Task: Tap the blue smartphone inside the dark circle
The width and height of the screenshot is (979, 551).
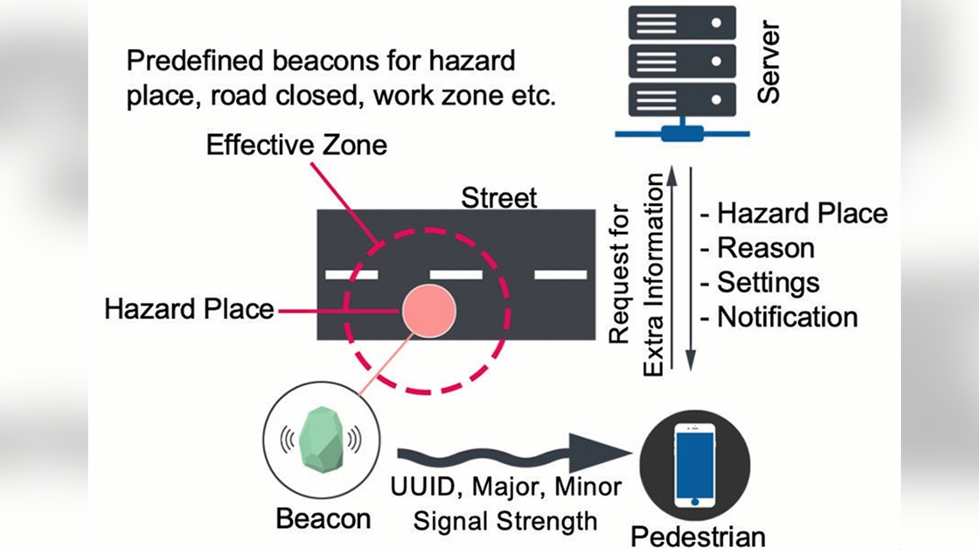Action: [694, 465]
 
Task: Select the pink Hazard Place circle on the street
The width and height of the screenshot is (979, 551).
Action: [429, 309]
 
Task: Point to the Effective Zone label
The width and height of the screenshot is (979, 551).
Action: [297, 145]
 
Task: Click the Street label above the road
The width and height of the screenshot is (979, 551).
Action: [499, 198]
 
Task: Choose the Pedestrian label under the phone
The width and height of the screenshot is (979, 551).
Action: [698, 536]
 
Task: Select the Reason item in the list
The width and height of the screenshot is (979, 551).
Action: [765, 248]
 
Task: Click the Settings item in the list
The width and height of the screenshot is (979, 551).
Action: [767, 282]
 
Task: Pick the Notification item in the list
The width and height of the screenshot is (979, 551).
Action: [786, 317]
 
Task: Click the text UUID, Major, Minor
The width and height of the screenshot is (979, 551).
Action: [506, 486]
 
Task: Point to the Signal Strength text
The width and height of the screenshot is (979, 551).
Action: [505, 521]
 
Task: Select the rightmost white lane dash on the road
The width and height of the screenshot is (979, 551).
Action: [560, 274]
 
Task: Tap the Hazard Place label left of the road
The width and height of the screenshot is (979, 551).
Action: [189, 309]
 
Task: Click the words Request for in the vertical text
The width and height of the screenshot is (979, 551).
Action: [619, 274]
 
